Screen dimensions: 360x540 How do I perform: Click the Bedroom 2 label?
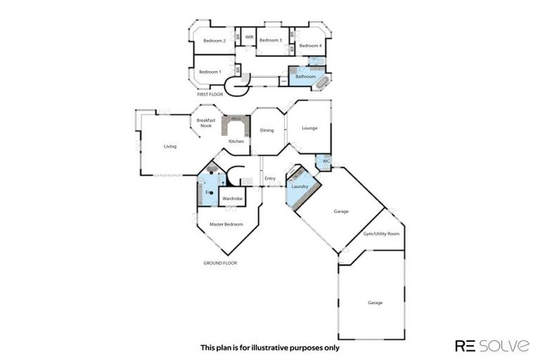[x=214, y=41]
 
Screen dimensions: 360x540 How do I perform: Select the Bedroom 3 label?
[x=271, y=41]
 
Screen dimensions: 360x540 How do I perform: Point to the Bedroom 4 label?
[x=310, y=46]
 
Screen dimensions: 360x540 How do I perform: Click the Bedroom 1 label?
[x=210, y=72]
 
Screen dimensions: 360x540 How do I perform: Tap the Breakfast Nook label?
[x=205, y=124]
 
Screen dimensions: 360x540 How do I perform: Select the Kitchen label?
[x=236, y=141]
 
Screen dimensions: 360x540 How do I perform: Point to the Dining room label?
[x=267, y=130]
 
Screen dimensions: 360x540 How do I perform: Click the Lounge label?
[x=309, y=128]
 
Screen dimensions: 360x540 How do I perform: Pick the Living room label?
[x=170, y=146]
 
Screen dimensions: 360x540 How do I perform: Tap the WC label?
[x=325, y=161]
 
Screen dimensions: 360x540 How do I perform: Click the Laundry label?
[x=300, y=186]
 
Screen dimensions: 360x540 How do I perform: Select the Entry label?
[x=270, y=179]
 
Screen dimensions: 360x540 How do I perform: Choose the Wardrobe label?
[x=232, y=199]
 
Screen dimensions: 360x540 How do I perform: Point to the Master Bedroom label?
[x=226, y=224]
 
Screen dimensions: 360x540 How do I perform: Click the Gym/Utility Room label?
[x=381, y=233]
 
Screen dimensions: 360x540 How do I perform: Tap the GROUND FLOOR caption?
[x=220, y=263]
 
